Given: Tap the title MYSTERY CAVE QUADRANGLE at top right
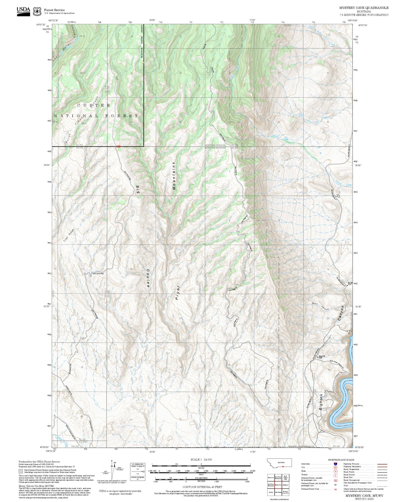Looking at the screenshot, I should tap(364, 8).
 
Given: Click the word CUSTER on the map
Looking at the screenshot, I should tap(94, 105).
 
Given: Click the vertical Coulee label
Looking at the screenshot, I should tap(148, 278).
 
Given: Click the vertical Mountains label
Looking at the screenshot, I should tap(174, 176).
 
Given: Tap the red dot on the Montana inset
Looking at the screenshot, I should tap(283, 466).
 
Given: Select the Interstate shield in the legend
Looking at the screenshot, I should tap(335, 464).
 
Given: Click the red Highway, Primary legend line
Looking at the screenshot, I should tap(382, 464).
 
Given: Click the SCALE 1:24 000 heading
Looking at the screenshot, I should tap(201, 459).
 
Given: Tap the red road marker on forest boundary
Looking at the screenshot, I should tap(118, 146).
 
